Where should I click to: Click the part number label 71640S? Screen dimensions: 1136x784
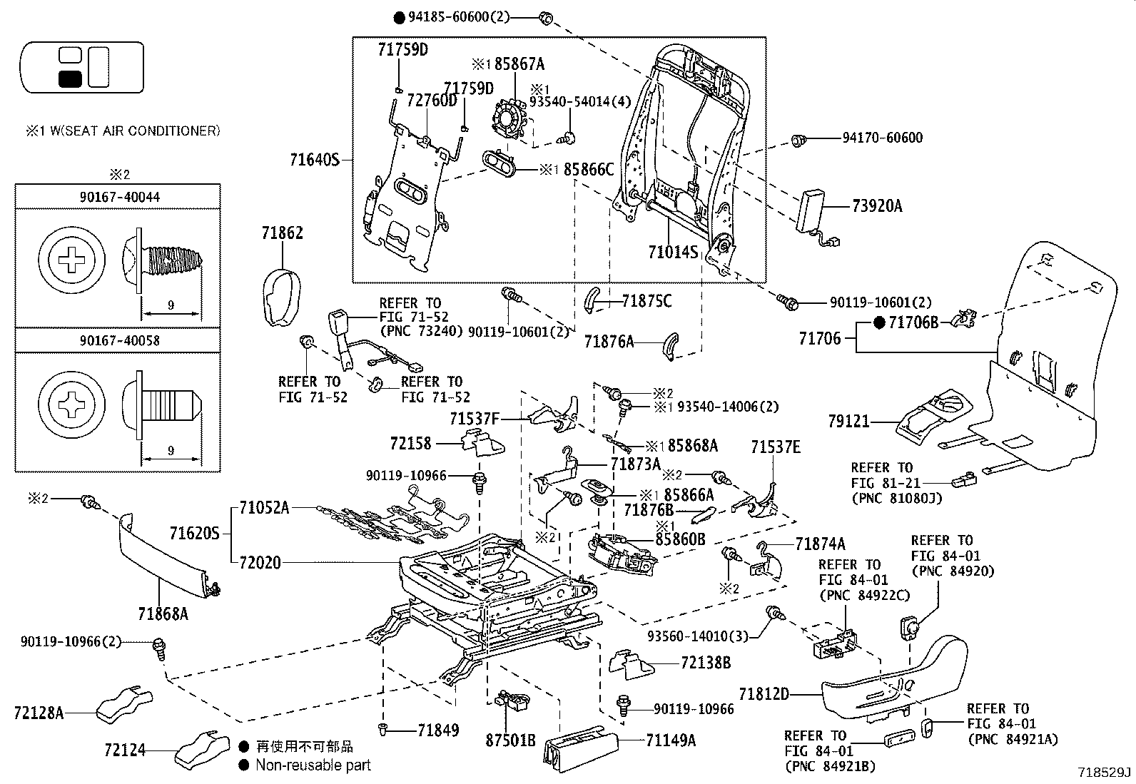(x=315, y=161)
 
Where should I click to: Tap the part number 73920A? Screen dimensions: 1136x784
(x=877, y=206)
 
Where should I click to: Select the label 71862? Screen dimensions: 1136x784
(x=282, y=233)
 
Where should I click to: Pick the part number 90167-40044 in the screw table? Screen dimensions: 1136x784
(x=120, y=198)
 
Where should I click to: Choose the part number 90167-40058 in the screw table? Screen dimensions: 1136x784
(x=120, y=340)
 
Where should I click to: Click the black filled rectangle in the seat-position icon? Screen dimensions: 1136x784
(x=70, y=79)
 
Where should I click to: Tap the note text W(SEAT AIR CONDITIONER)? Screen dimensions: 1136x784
(x=135, y=131)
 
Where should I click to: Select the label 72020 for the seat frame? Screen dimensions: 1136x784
(x=260, y=562)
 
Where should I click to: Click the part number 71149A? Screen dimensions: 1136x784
(x=671, y=740)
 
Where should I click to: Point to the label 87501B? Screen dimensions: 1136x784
(x=510, y=740)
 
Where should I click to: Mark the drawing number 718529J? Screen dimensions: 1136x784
(x=1104, y=773)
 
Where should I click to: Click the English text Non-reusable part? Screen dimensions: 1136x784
(x=313, y=765)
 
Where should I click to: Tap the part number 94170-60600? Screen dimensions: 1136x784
(x=883, y=138)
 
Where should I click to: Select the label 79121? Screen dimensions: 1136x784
(x=848, y=421)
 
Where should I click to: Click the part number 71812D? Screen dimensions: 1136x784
(x=764, y=693)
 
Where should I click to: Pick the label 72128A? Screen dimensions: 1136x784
(x=39, y=713)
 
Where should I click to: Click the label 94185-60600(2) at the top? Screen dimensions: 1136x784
(x=458, y=16)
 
